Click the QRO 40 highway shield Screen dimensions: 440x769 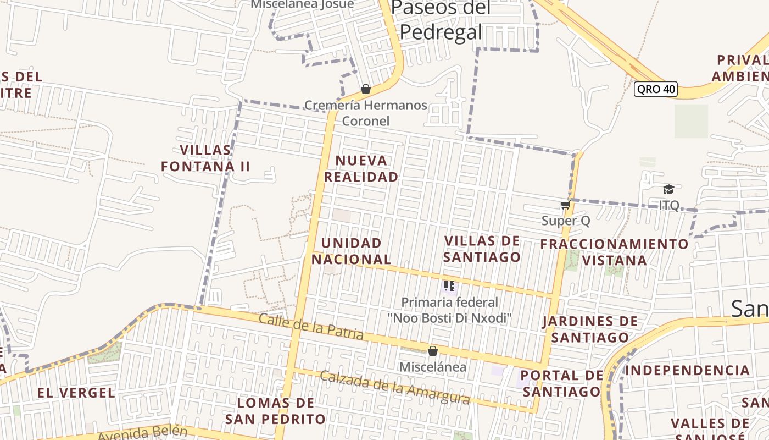pos(655,89)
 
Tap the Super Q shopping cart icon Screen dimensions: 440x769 pos(565,205)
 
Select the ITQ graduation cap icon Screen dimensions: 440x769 pos(668,190)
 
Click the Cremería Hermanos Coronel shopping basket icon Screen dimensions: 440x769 pos(366,89)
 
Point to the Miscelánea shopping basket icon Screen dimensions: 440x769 pos(433,351)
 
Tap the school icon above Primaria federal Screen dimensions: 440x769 pos(449,286)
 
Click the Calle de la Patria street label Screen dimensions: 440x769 pos(311,326)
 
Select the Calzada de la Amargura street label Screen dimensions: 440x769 pos(394,388)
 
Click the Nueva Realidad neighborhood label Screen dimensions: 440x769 pos(361,168)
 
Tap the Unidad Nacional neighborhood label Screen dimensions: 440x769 pos(352,251)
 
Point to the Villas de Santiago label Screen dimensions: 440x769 pos(482,249)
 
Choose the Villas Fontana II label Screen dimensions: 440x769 pos(205,158)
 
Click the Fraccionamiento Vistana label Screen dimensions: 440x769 pos(614,251)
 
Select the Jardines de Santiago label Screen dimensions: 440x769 pos(590,329)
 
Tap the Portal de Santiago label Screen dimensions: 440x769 pos(562,383)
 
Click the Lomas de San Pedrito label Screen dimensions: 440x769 pos(275,411)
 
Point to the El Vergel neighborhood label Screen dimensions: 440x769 pos(76,393)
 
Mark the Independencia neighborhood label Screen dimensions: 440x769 pos(687,370)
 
